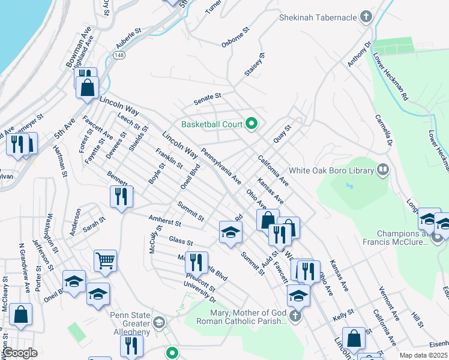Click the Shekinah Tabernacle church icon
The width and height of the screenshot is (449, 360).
point(366,17)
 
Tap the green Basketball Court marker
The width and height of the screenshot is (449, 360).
point(252,124)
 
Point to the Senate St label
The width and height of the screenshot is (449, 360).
point(207,96)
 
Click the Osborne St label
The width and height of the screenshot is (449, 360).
point(235,37)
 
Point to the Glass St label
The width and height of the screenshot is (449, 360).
point(180,241)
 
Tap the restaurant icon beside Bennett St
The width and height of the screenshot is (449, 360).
point(122,196)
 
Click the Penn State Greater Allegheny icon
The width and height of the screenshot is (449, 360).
point(158,323)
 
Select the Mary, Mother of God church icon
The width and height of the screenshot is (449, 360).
point(294,316)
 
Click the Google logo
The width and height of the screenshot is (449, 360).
point(20,353)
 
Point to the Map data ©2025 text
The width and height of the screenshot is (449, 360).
point(423,355)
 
